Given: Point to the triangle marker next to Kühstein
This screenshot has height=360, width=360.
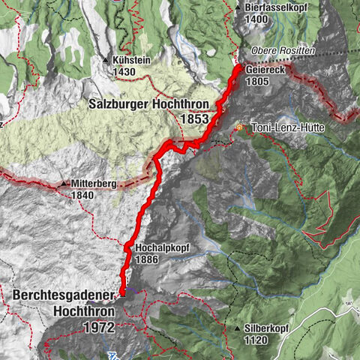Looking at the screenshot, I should (106, 59).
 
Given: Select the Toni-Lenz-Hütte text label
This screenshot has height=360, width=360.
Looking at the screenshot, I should (287, 128).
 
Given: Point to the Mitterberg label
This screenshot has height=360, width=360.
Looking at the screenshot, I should (98, 183).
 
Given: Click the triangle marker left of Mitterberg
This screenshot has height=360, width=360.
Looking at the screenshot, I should (65, 183).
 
